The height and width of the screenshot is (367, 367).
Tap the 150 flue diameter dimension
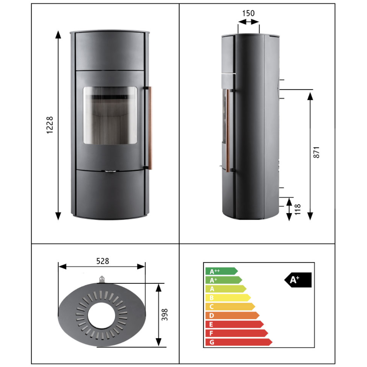tap(248, 13)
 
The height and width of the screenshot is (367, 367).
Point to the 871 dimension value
tap(316, 152)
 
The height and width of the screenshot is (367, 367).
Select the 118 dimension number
tap(298, 209)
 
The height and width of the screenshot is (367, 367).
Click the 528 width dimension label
tap(103, 261)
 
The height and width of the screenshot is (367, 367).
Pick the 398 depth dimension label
tap(165, 314)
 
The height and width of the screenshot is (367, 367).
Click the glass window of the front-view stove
tap(110, 115)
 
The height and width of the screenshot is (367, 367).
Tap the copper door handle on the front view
tap(150, 128)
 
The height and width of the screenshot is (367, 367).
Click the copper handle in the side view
tap(228, 130)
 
